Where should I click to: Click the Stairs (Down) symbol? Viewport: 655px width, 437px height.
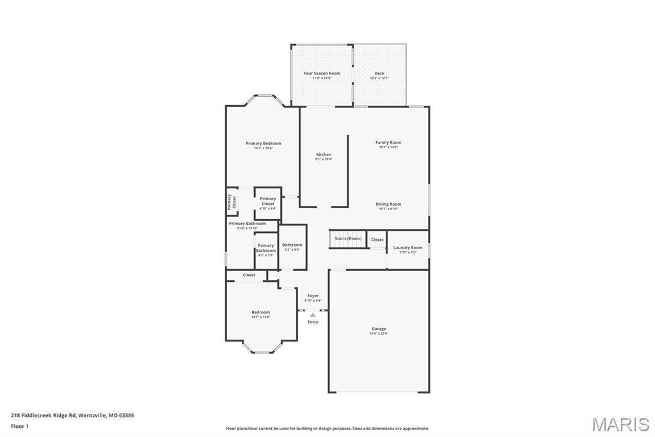pos(348,239)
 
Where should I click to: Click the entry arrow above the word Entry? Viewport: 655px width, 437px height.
pos(313,315)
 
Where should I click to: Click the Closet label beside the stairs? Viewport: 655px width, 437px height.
pos(377,240)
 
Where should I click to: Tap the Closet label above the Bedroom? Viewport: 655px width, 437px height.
pos(249,275)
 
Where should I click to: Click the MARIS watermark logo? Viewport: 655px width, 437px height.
pos(620,424)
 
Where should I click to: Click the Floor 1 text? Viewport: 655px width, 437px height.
pos(20,425)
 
